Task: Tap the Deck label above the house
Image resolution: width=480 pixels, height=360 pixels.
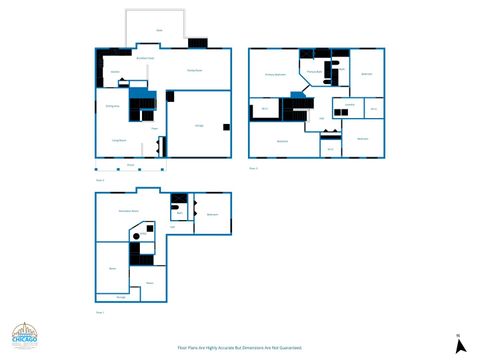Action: pyautogui.click(x=160, y=31)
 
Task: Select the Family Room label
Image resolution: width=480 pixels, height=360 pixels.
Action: pyautogui.click(x=195, y=70)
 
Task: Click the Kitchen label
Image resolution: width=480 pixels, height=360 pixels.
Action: pyautogui.click(x=115, y=72)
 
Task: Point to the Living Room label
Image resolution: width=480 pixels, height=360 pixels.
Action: pyautogui.click(x=118, y=141)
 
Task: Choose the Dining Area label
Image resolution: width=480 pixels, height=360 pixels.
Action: pyautogui.click(x=113, y=105)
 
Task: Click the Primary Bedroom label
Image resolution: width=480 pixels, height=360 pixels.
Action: pyautogui.click(x=276, y=74)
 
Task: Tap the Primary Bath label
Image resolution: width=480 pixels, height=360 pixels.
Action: pyautogui.click(x=314, y=72)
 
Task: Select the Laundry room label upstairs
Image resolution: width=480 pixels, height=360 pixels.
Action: pyautogui.click(x=350, y=104)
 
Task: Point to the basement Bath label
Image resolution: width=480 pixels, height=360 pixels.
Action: pyautogui.click(x=179, y=213)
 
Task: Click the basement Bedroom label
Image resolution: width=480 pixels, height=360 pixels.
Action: pyautogui.click(x=212, y=215)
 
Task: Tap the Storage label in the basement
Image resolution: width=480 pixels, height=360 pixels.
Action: pyautogui.click(x=120, y=297)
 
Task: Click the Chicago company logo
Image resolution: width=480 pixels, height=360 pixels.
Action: pyautogui.click(x=26, y=337)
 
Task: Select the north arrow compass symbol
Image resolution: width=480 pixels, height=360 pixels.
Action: pyautogui.click(x=459, y=344)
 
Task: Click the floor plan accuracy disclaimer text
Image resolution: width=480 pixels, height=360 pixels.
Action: pyautogui.click(x=240, y=348)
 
